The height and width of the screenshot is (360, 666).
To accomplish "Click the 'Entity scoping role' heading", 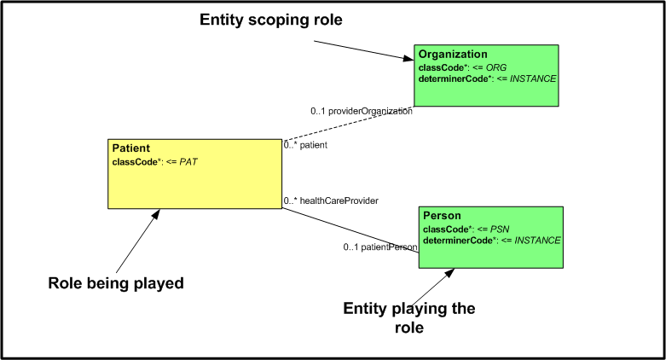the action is click(x=271, y=20).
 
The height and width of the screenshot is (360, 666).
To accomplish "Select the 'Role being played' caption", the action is click(x=116, y=283).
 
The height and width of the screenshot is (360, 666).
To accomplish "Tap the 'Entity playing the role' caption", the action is click(x=409, y=318).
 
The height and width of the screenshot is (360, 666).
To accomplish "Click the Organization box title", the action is click(x=453, y=54).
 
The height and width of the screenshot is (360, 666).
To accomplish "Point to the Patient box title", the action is click(x=130, y=148).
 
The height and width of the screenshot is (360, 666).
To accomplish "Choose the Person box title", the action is click(x=442, y=216).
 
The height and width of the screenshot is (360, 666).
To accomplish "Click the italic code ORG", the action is click(x=496, y=67).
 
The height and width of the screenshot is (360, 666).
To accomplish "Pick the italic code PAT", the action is click(x=188, y=162).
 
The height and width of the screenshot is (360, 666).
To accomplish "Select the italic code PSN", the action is click(x=500, y=229).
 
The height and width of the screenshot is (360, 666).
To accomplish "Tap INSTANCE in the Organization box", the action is click(x=533, y=78).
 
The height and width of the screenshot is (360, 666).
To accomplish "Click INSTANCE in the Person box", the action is click(x=537, y=241).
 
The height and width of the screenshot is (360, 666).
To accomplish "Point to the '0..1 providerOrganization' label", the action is click(x=362, y=112).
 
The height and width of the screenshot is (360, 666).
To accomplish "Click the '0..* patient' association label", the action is click(x=305, y=145).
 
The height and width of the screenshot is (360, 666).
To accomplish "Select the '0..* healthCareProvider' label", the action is click(x=331, y=200).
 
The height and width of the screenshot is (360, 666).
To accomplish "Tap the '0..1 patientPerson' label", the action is click(x=380, y=247).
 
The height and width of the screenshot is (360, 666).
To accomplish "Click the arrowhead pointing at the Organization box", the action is click(x=408, y=58).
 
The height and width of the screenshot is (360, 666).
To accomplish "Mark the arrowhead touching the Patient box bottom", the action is click(x=156, y=213).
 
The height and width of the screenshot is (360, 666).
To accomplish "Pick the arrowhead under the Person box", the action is click(x=449, y=273).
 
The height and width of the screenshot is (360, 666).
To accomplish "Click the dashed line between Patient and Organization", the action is click(x=348, y=123).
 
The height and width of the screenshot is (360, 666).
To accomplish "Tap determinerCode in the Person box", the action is click(x=458, y=241).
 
